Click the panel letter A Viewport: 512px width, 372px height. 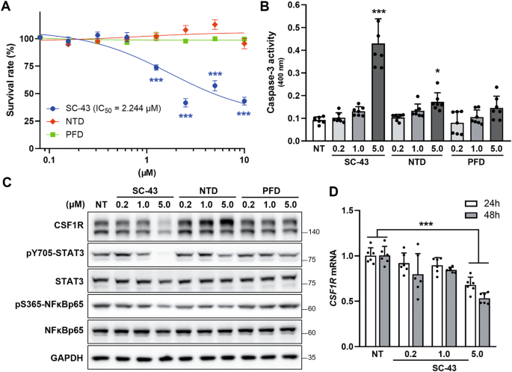pyautogui.click(x=7, y=7)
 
